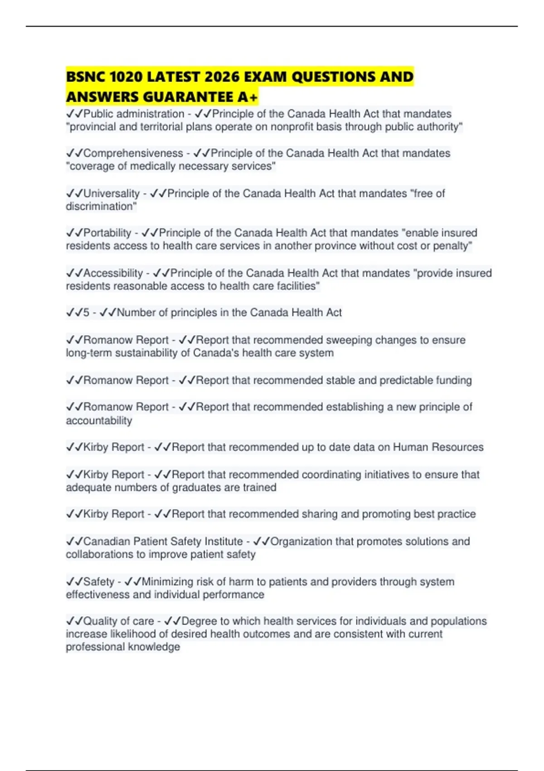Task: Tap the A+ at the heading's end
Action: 248,97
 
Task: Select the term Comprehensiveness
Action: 133,153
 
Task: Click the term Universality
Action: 112,194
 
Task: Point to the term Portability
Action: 107,233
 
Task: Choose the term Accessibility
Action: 113,273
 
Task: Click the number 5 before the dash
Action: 86,313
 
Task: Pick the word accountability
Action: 99,421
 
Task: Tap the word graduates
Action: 212,488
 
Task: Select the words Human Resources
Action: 438,448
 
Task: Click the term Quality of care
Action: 119,621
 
